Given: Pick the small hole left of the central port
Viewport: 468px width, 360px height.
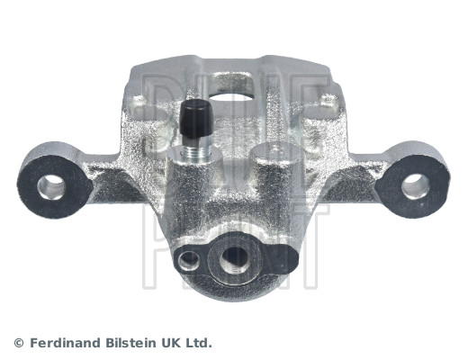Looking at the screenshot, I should tap(187, 261).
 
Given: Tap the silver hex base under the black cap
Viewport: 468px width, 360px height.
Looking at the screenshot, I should tap(195, 152).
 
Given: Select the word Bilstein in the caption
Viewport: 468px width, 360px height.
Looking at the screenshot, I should tap(136, 343).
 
